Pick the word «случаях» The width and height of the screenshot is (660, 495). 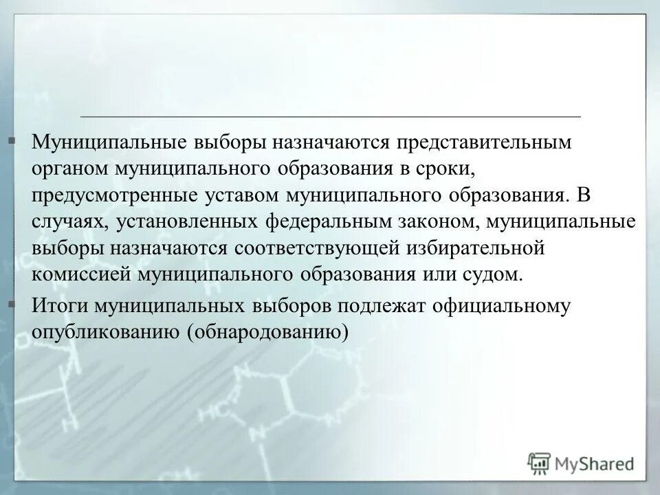[x=69, y=222]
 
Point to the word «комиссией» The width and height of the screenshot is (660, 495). [x=79, y=274]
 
